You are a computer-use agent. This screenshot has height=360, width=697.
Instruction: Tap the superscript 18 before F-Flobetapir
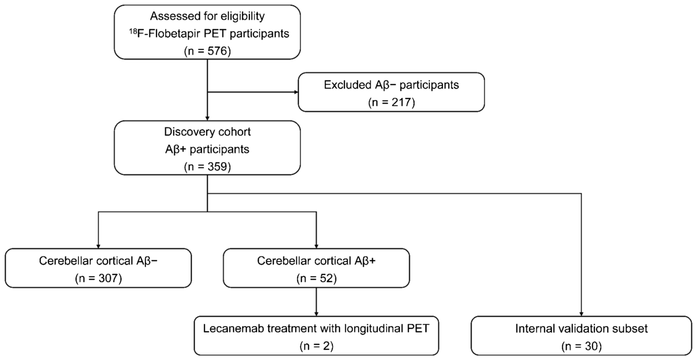pos(133,31)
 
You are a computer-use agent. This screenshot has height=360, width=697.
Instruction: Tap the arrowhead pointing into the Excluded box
pos(296,92)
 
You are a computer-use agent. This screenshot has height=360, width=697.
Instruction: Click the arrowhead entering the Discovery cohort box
pos(208,118)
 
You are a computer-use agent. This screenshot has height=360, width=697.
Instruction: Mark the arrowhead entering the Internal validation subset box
pos(581,314)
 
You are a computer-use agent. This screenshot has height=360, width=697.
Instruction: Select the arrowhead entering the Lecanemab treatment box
pos(317,314)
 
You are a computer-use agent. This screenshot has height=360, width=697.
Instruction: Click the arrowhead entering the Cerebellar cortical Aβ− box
pos(98,246)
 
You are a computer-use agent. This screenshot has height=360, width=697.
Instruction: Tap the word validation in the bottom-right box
pos(583,328)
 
